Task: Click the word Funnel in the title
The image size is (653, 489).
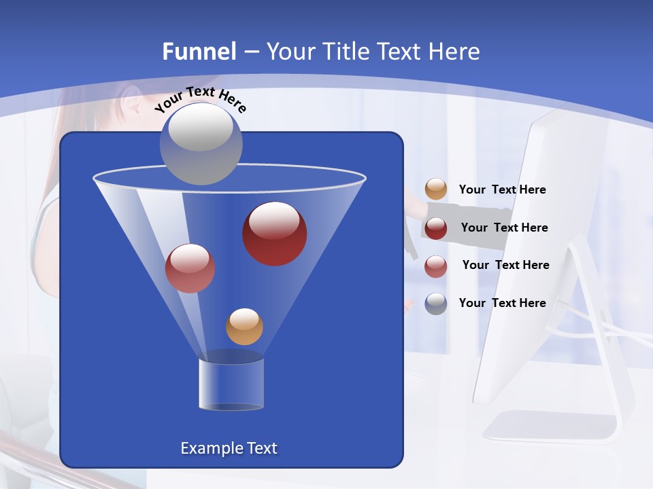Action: [x=199, y=52]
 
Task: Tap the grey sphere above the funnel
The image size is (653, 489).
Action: [x=201, y=143]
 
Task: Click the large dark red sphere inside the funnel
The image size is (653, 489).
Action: [x=274, y=234]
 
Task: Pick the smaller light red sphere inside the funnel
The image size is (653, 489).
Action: [x=190, y=268]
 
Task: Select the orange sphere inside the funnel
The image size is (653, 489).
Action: [x=244, y=327]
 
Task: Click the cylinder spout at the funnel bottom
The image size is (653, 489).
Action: [x=231, y=384]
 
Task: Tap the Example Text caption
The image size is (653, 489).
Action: [x=229, y=448]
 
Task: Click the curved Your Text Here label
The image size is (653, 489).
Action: [x=200, y=99]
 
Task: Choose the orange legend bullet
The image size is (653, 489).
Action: [x=436, y=189]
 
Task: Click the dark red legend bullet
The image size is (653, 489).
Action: [x=436, y=228]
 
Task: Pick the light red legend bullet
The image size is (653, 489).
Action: [x=436, y=266]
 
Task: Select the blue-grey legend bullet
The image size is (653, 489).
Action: [x=436, y=304]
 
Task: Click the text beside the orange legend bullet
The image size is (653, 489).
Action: [x=502, y=190]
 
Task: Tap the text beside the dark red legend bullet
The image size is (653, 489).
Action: [x=504, y=228]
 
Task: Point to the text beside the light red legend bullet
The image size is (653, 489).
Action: [x=505, y=265]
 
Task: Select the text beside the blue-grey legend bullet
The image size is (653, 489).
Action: [x=502, y=303]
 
